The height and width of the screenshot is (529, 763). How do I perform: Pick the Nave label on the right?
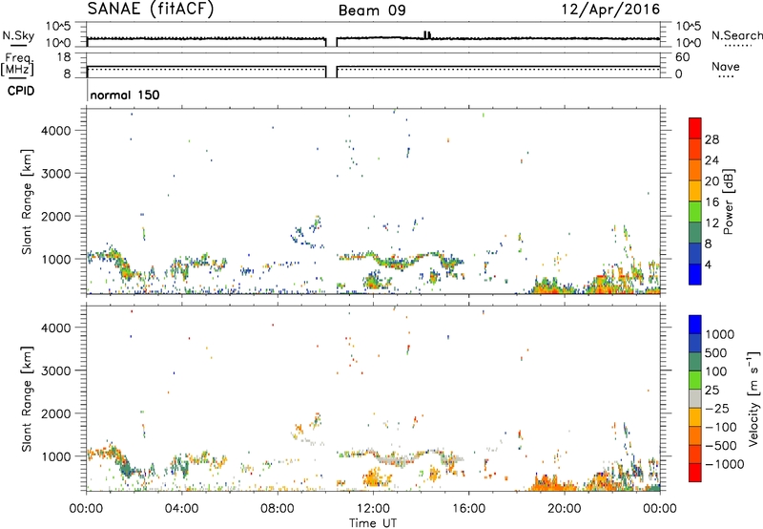coord(728,67)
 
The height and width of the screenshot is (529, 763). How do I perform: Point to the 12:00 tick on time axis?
coord(373,507)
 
